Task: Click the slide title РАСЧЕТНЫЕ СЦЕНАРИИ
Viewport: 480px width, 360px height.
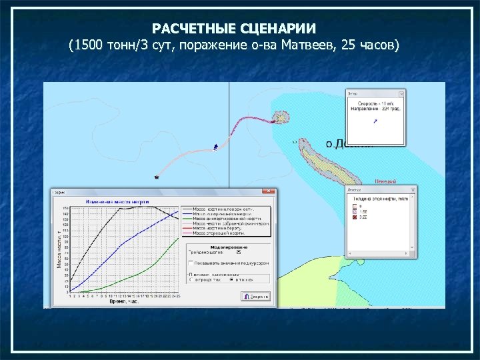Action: click(234, 29)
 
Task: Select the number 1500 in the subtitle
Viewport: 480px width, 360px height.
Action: click(89, 47)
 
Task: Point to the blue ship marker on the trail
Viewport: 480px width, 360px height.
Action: click(215, 146)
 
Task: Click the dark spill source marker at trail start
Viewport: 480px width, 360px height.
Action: click(157, 177)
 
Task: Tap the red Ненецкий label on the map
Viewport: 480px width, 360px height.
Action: click(385, 181)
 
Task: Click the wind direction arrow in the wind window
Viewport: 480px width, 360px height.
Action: click(375, 121)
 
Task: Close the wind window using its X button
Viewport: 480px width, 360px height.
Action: click(400, 94)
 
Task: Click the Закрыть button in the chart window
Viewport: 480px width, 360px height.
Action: click(257, 295)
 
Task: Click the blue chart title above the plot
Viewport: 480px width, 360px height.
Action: click(117, 201)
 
